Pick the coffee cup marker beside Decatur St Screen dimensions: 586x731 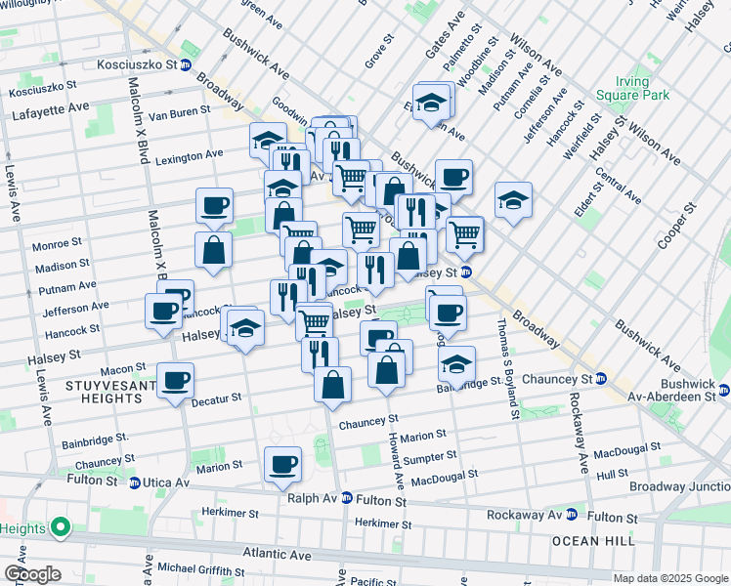point(175,380)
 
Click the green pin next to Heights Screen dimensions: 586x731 point(60,528)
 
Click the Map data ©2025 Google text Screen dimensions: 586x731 point(670,578)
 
